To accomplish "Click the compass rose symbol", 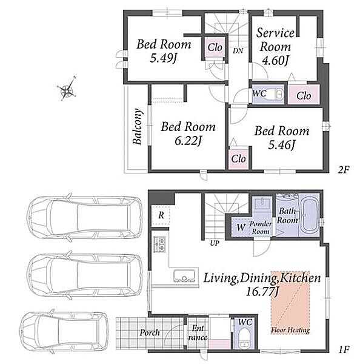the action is click(x=67, y=89).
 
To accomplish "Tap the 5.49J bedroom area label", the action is click(x=163, y=58).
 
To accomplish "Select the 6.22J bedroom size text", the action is click(x=188, y=141).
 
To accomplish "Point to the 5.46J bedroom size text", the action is click(x=282, y=145).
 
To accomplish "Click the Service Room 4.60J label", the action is click(x=275, y=47).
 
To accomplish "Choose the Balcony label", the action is click(x=138, y=126).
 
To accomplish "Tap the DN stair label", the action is click(x=238, y=51).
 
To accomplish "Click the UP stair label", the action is click(x=215, y=243).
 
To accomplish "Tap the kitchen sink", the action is click(x=184, y=276).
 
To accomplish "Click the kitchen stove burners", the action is click(x=160, y=244).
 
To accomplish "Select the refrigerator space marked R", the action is click(x=161, y=215).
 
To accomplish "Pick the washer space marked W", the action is click(x=241, y=227).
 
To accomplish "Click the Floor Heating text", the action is click(x=290, y=330).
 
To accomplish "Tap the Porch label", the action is click(x=150, y=332).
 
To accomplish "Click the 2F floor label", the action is click(x=344, y=170).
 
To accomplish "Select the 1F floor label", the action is click(x=344, y=349).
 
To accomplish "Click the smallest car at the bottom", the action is click(x=64, y=331).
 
